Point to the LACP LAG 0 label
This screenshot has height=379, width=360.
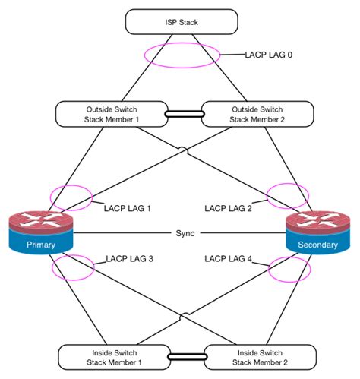(x=268, y=55)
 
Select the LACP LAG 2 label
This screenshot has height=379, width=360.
(x=229, y=207)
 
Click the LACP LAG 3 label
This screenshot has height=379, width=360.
(x=130, y=259)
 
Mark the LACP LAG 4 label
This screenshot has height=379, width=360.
(x=229, y=259)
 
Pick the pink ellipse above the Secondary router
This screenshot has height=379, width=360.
(x=289, y=195)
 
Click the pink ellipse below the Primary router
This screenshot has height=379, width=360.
(x=72, y=267)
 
